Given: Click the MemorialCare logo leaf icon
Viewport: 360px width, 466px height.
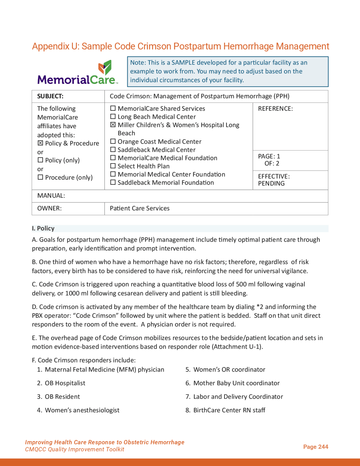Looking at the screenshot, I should (x=105, y=67).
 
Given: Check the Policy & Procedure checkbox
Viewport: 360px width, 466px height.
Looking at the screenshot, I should (x=40, y=143).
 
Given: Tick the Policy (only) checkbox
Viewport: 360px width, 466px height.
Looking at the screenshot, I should (x=40, y=160).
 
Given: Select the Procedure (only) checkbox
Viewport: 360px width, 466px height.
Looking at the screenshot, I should (x=40, y=177).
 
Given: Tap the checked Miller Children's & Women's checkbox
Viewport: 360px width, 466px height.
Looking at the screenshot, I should (x=113, y=125).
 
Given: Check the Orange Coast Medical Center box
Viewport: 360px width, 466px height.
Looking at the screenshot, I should (x=113, y=141).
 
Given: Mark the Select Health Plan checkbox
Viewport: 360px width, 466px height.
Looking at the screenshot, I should (x=113, y=166).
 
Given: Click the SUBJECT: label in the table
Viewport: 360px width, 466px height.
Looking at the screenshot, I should (x=50, y=96).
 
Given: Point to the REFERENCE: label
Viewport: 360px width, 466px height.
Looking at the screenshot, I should (x=275, y=109).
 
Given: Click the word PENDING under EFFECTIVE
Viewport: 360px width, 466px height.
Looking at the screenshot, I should (x=271, y=183).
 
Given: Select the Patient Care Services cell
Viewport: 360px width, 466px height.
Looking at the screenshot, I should (x=139, y=208).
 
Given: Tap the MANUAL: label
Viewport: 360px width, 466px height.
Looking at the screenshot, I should (x=51, y=196).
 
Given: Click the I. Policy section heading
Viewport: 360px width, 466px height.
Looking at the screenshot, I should (x=43, y=228).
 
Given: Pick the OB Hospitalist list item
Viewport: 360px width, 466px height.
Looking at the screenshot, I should (x=65, y=383).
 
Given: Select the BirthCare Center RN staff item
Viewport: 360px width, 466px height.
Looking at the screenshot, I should (x=229, y=410).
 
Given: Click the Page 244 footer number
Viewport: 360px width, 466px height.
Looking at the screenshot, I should (x=316, y=447).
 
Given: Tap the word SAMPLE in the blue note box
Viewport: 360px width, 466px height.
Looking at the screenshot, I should (x=183, y=62).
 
